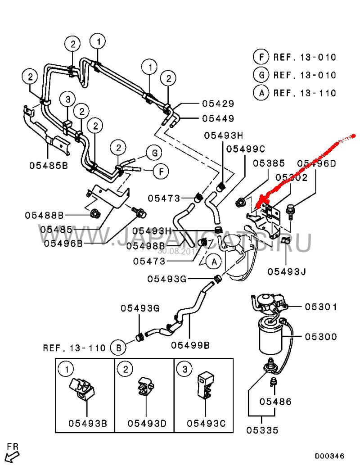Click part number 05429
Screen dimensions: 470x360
point(218,104)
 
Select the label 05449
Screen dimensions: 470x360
point(218,119)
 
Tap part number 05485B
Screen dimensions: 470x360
point(49,165)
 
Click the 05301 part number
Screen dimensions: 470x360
point(320,307)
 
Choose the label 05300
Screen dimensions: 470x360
point(320,337)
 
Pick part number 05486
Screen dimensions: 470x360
point(275,402)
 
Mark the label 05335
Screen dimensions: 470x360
point(262,430)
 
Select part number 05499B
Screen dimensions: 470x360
point(190,345)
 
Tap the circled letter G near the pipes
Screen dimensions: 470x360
point(154,153)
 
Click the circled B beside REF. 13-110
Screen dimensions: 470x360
point(118,348)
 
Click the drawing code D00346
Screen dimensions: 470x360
point(329,456)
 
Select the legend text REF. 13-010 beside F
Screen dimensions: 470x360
point(305,57)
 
